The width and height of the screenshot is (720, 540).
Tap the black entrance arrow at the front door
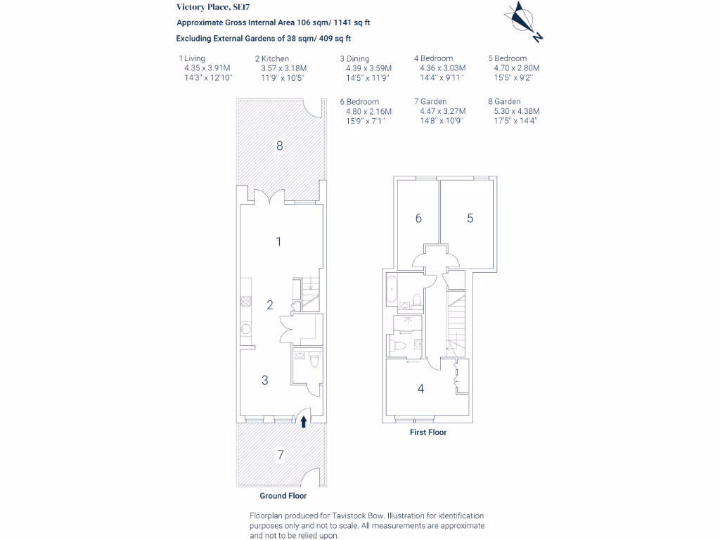pos(304,421)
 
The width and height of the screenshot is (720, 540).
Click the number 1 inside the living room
pos(278,242)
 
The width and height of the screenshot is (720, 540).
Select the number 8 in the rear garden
pos(279,146)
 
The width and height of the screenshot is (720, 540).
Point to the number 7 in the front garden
pos(281,455)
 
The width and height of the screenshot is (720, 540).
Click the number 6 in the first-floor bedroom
pos(418,219)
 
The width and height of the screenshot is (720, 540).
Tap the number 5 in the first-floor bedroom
pos(470,219)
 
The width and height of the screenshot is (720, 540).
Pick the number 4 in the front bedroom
pos(420,387)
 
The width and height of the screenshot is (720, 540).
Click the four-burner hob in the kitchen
pos(246,302)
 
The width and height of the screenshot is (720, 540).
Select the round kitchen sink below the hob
pos(246,329)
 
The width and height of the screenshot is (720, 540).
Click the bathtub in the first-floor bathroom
pos(392,289)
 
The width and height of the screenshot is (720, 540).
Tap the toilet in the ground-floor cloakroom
pos(314,359)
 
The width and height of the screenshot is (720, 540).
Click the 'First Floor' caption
pos(428,432)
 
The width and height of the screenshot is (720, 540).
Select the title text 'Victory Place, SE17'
pos(210,7)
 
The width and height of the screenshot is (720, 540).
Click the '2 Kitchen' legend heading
pos(271,59)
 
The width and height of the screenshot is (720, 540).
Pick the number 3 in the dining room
pos(264,380)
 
